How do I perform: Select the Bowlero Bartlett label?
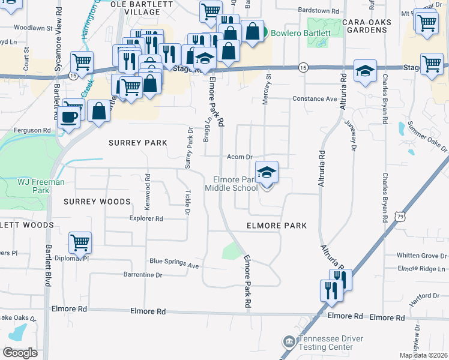point(298,32)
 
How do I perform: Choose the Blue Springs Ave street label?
point(174,262)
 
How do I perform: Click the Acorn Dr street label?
point(238,157)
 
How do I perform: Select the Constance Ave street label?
point(315,98)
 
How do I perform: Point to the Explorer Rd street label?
point(146,219)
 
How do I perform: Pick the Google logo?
point(19,353)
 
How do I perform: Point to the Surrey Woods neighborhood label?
point(97,202)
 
